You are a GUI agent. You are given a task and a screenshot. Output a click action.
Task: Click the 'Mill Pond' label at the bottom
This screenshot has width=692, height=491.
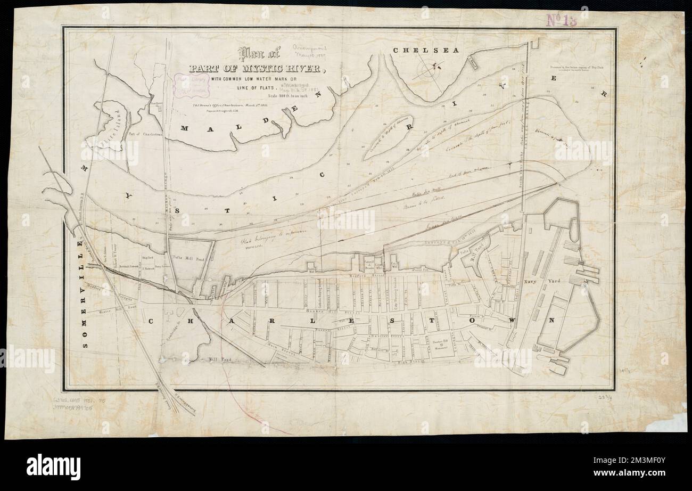click(x=218, y=359)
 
